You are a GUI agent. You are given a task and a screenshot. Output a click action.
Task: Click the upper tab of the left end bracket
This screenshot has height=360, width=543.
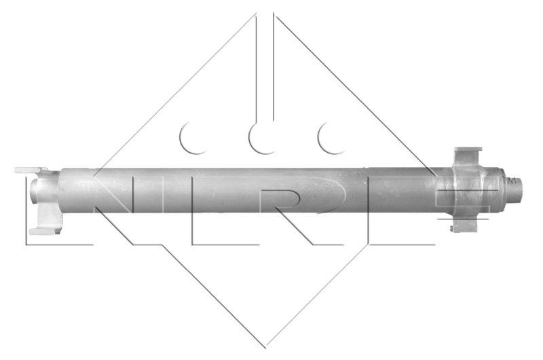(x=31, y=170)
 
